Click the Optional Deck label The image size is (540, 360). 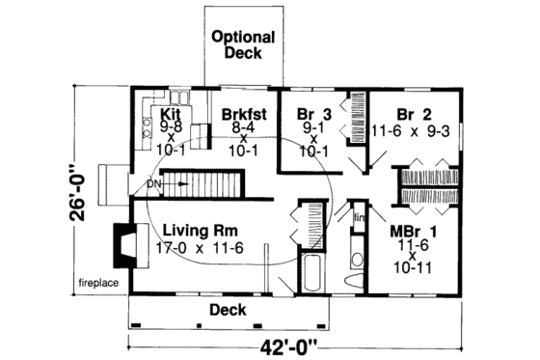(x=243, y=45)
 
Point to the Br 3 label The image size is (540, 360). (x=310, y=114)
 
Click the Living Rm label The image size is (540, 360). (x=201, y=231)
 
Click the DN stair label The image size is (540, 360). (x=152, y=180)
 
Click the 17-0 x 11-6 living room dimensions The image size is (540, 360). (x=201, y=248)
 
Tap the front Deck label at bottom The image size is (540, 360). (x=229, y=310)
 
